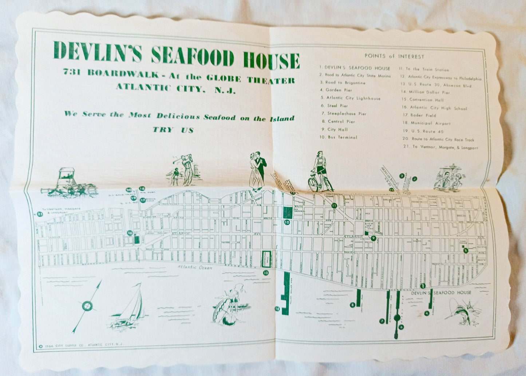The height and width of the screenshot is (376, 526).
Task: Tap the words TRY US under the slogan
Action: [x=173, y=130]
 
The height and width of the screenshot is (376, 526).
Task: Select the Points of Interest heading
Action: [x=394, y=56]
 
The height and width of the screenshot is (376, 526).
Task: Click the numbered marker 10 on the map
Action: [x=287, y=222]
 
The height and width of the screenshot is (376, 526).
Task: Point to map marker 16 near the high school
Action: [x=130, y=232]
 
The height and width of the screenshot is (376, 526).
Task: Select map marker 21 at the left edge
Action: [x=40, y=214]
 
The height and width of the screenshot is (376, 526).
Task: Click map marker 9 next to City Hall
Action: [x=373, y=239]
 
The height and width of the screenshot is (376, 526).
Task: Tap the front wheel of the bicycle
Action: [x=313, y=185]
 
